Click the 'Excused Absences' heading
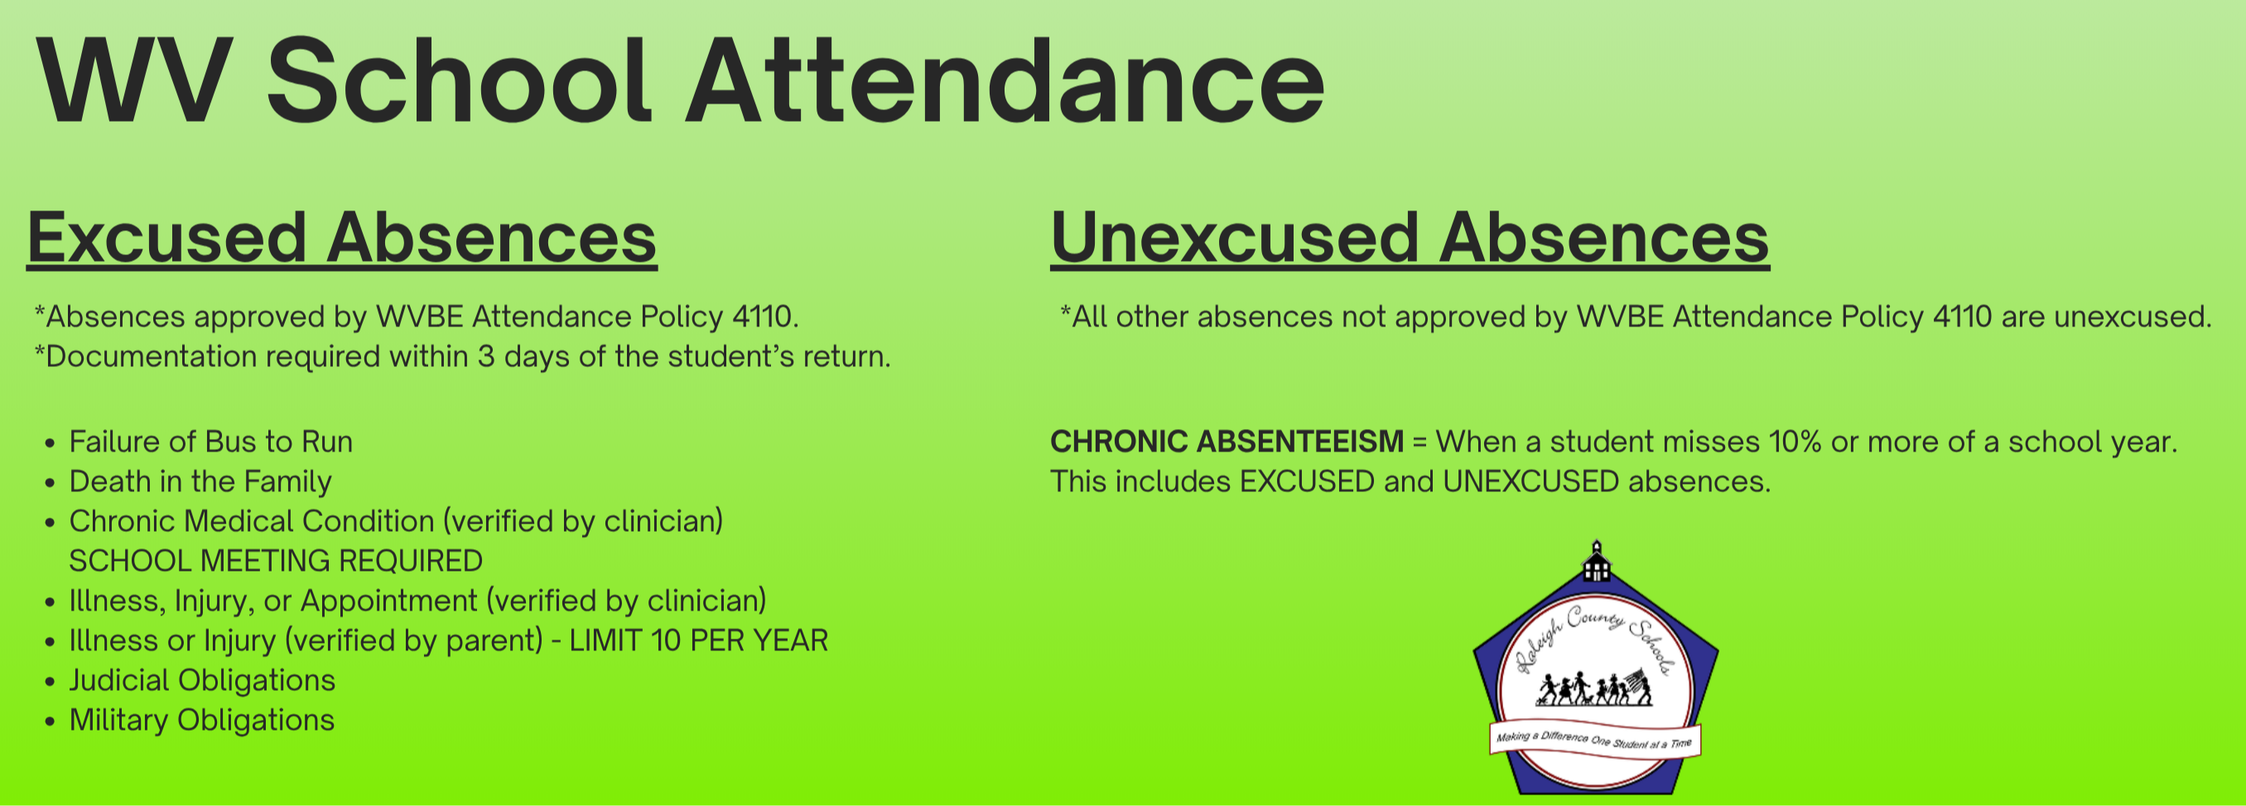point(342,237)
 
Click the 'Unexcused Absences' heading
point(1410,237)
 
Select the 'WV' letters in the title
point(135,82)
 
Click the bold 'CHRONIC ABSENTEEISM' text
point(1227,442)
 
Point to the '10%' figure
point(1795,442)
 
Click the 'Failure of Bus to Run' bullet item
point(211,442)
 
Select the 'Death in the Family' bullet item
point(200,481)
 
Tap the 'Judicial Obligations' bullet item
point(202,680)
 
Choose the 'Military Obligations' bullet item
point(201,721)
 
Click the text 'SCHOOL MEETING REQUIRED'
point(276,561)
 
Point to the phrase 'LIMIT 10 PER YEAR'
point(698,640)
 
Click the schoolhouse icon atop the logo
point(1597,561)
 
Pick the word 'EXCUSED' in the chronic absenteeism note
point(1307,481)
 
